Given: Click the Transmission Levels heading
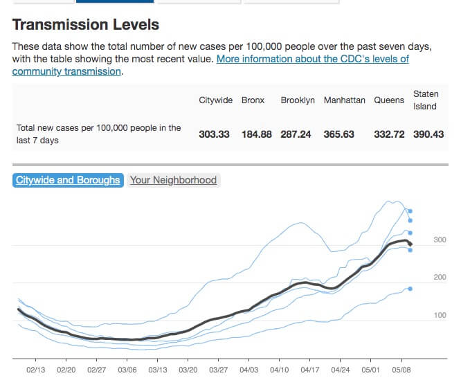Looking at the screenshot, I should (86, 25).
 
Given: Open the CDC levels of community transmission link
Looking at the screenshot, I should (312, 60).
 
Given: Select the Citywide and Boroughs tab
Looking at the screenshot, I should (68, 180).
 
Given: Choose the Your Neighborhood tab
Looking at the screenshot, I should (174, 180).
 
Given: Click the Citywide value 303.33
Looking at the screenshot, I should (214, 134).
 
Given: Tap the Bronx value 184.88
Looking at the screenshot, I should (256, 134).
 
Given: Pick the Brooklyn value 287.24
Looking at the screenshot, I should (298, 134).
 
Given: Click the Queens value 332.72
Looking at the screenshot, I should (389, 134).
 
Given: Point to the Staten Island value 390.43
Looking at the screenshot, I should (428, 134).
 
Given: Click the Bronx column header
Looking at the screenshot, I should (253, 100).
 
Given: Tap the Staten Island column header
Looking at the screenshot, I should (425, 100).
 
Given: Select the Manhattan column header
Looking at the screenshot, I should (344, 100).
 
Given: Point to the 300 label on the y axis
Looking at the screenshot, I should (440, 240).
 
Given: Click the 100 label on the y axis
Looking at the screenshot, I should (440, 316).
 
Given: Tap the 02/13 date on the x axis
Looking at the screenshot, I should (36, 370).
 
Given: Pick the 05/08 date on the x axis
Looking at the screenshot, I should (401, 370).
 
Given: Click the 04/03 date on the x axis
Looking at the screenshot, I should (249, 370).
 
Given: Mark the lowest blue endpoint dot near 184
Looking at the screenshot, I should (410, 289).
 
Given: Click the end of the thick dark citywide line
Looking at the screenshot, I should (411, 244).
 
